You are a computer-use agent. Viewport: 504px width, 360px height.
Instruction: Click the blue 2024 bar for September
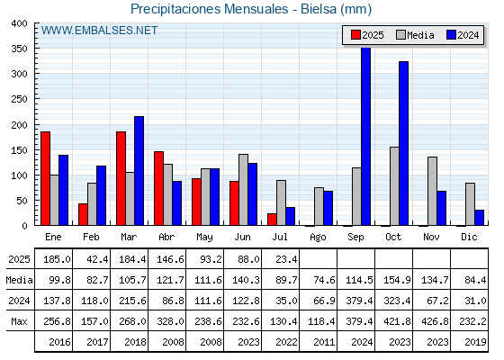pyautogui.click(x=365, y=136)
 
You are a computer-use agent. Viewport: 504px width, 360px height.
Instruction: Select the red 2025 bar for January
pyautogui.click(x=45, y=178)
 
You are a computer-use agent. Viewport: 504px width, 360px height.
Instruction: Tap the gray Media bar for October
pyautogui.click(x=394, y=186)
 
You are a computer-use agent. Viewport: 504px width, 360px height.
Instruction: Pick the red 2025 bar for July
pyautogui.click(x=272, y=220)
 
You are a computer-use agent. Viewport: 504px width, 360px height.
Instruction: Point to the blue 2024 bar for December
pyautogui.click(x=479, y=218)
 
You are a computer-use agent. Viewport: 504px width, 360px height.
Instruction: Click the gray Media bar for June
pyautogui.click(x=243, y=190)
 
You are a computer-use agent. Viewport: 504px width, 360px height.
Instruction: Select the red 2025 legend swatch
pyautogui.click(x=355, y=35)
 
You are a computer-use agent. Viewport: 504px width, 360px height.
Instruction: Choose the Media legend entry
pyautogui.click(x=415, y=35)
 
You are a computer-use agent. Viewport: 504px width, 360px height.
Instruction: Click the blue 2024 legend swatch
pyautogui.click(x=451, y=35)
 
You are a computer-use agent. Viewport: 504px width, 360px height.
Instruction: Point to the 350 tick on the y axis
pyautogui.click(x=36, y=49)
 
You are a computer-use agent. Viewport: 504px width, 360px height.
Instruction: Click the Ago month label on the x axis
pyautogui.click(x=318, y=238)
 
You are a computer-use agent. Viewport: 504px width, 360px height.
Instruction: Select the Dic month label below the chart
pyautogui.click(x=469, y=237)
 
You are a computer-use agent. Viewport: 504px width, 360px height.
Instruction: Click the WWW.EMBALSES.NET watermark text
pyautogui.click(x=99, y=31)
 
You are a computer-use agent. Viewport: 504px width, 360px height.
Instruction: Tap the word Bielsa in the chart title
pyautogui.click(x=319, y=9)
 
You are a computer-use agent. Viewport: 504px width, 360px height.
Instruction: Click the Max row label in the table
pyautogui.click(x=19, y=321)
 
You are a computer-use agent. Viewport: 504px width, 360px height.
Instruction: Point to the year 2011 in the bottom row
pyautogui.click(x=324, y=342)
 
